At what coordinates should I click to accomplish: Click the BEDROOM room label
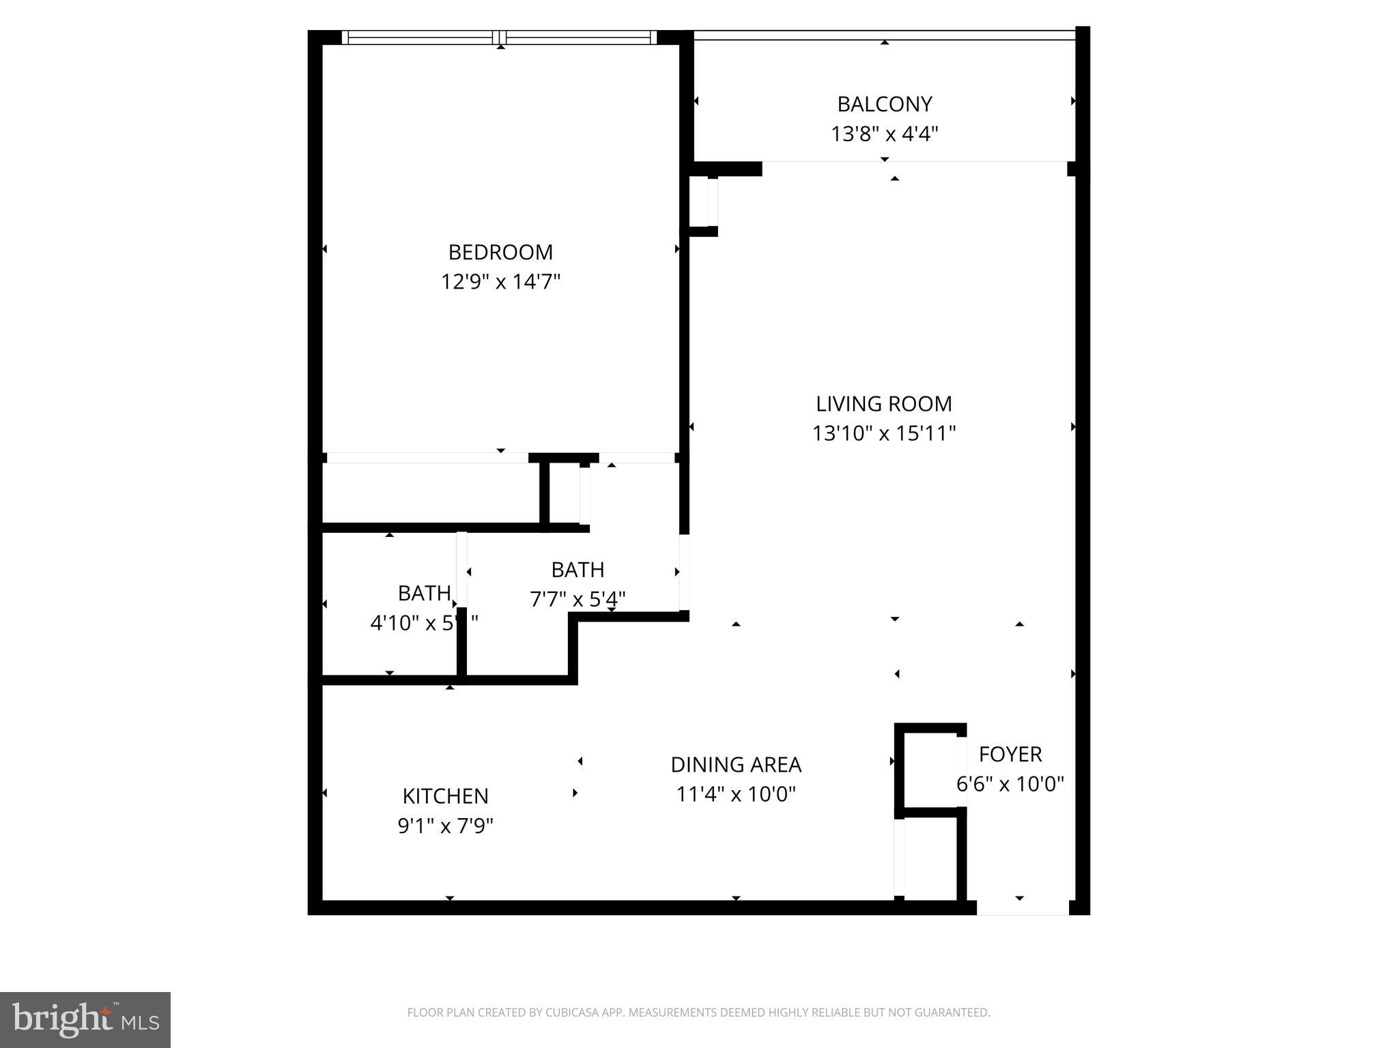click(500, 252)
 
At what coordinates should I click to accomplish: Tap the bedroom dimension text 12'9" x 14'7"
click(500, 282)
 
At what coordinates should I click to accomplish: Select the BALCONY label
click(884, 104)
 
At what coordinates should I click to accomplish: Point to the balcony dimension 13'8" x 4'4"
click(884, 134)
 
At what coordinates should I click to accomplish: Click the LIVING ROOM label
click(883, 404)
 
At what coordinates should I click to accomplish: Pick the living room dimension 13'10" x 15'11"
click(883, 433)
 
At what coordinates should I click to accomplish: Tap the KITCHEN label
click(445, 796)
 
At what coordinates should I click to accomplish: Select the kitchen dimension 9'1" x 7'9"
click(445, 826)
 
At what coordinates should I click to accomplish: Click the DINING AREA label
click(736, 765)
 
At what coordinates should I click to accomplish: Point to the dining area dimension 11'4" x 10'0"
click(736, 794)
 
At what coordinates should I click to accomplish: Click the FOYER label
click(1010, 755)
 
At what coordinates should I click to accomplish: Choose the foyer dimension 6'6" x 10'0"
click(1010, 784)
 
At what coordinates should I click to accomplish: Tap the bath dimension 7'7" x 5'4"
click(577, 599)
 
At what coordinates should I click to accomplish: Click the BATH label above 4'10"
click(424, 594)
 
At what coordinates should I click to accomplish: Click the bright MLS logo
click(85, 1020)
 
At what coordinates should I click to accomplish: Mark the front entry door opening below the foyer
click(1022, 907)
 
